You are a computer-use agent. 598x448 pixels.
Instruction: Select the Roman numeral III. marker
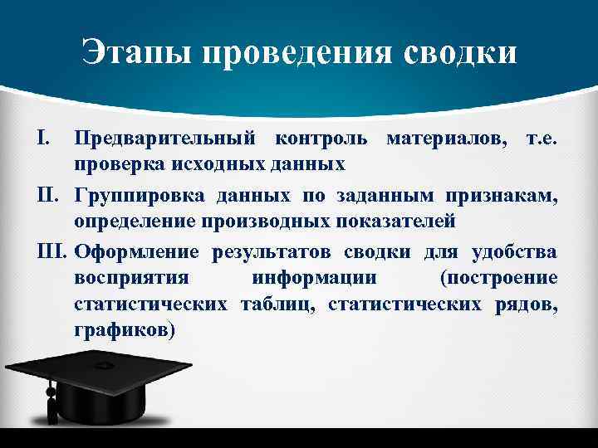click(54, 252)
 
